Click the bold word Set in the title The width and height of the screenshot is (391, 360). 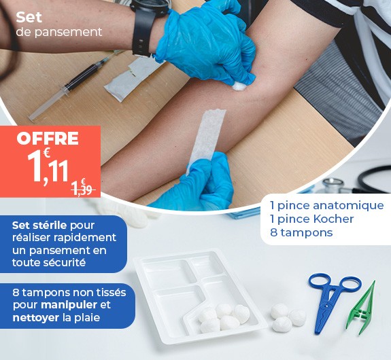[x=29, y=17]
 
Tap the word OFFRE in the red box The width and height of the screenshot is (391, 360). [x=48, y=139]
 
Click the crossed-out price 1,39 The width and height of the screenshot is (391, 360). [x=82, y=188]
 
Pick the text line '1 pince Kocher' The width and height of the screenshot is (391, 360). [x=311, y=219]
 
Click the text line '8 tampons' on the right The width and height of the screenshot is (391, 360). [x=301, y=232]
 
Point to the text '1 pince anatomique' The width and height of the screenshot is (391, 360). [x=326, y=205]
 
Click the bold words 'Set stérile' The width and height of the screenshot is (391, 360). [x=39, y=225]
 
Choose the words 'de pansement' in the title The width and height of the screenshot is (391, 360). [x=58, y=32]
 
